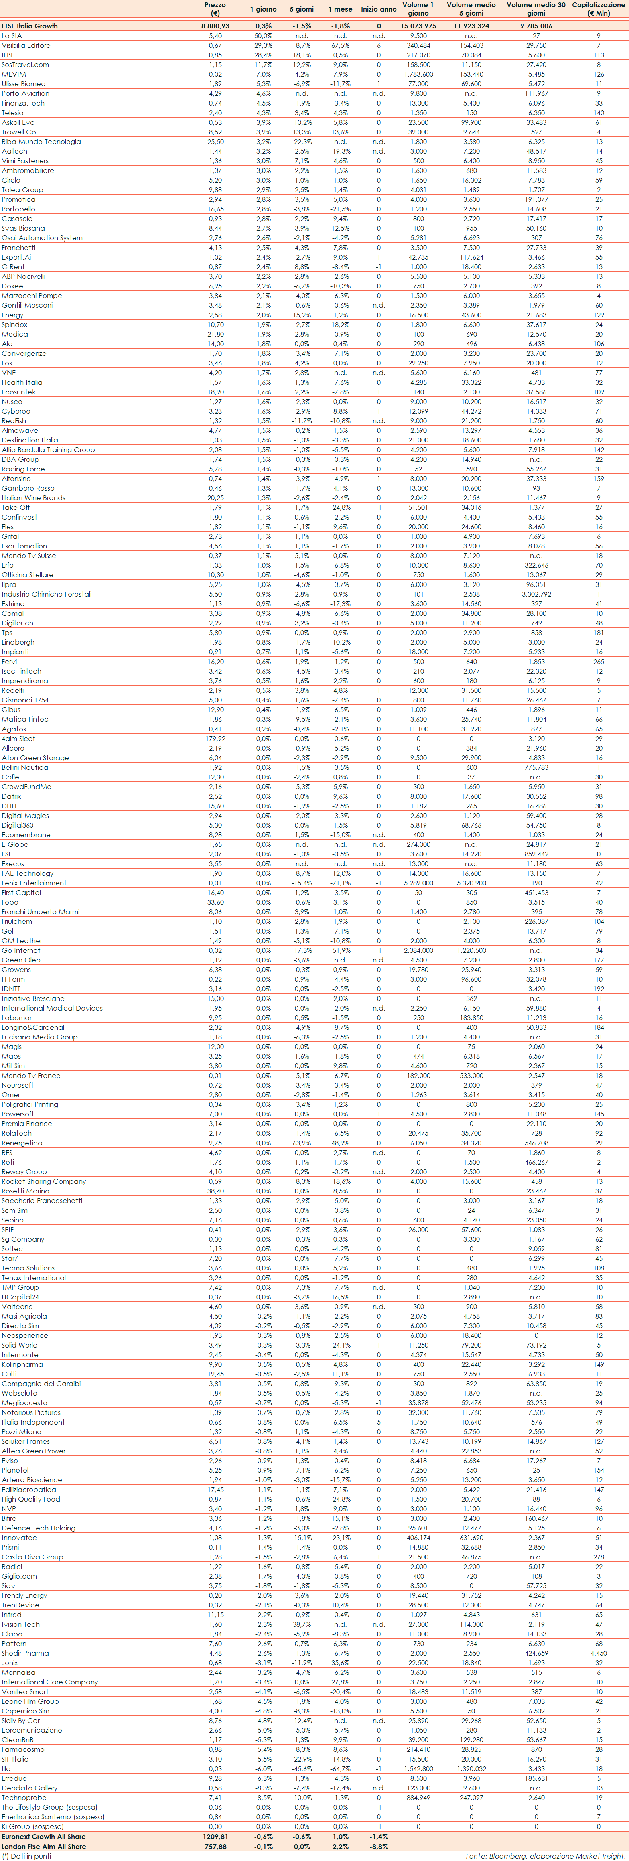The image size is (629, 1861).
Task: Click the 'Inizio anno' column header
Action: coord(378,9)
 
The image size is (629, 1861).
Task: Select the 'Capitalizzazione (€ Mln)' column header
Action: coord(599,9)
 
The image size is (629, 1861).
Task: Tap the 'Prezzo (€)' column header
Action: coord(215,9)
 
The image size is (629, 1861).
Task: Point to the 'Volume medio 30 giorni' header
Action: coord(536,9)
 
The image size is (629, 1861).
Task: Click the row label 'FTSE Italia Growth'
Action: coord(30,26)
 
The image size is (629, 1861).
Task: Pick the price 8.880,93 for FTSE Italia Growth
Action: coord(215,26)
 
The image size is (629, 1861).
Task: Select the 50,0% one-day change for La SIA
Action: coord(263,35)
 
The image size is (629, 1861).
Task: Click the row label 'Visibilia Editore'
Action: coord(26,45)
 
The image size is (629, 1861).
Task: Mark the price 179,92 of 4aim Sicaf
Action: coord(215,738)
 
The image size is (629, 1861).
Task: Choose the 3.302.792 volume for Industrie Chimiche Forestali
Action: coord(536,594)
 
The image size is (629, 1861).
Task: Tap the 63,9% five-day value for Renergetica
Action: coord(302,1143)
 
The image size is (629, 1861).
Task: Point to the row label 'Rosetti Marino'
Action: coord(25,1191)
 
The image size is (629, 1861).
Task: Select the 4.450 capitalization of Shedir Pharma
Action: coord(599,1653)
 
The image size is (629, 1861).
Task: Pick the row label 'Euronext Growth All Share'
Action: coord(43,1836)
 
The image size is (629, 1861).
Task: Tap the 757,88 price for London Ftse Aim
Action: coord(215,1846)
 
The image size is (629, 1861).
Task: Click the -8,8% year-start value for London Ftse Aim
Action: coord(378,1846)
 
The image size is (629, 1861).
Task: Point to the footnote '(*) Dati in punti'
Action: coord(26,1855)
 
